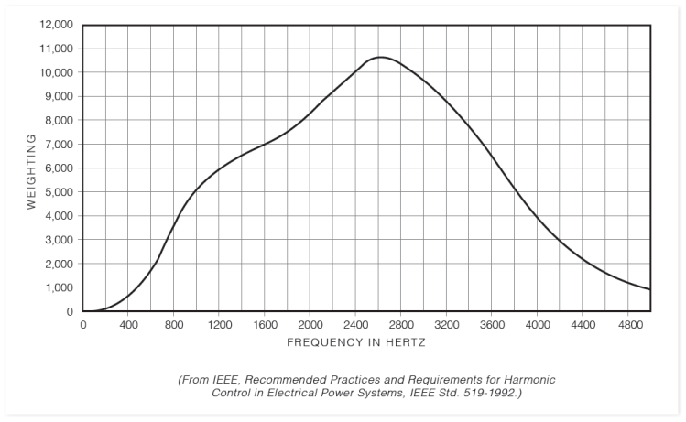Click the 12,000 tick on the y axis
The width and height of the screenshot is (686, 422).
[58, 25]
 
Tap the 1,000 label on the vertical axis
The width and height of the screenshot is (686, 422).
[60, 287]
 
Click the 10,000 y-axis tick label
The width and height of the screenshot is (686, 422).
[58, 72]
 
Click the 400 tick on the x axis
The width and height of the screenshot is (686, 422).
[128, 324]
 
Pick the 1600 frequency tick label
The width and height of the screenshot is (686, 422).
[265, 324]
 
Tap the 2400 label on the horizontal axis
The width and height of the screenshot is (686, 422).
[355, 324]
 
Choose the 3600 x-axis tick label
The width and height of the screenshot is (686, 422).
[492, 324]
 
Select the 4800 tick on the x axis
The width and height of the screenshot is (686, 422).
[628, 324]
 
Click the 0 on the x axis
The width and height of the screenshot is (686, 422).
[83, 324]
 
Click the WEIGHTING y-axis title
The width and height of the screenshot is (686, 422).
[31, 171]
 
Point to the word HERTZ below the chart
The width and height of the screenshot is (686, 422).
[405, 342]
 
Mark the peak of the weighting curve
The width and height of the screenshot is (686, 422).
[380, 57]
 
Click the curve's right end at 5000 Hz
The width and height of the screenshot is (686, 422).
[650, 290]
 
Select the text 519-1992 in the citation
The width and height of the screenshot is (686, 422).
[491, 393]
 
